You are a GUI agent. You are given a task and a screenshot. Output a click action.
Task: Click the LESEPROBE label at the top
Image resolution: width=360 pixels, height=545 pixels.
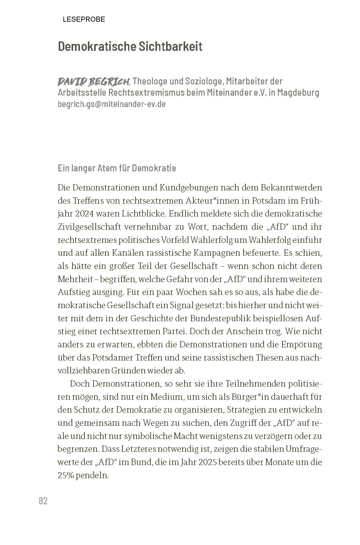point(84,19)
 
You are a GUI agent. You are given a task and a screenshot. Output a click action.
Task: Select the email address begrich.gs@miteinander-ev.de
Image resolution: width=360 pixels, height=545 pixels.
point(112,104)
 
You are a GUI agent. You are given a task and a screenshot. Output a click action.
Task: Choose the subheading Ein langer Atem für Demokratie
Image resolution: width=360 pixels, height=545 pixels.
point(117,168)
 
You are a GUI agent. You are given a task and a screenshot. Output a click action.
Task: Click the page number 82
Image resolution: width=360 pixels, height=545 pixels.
point(43,501)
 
